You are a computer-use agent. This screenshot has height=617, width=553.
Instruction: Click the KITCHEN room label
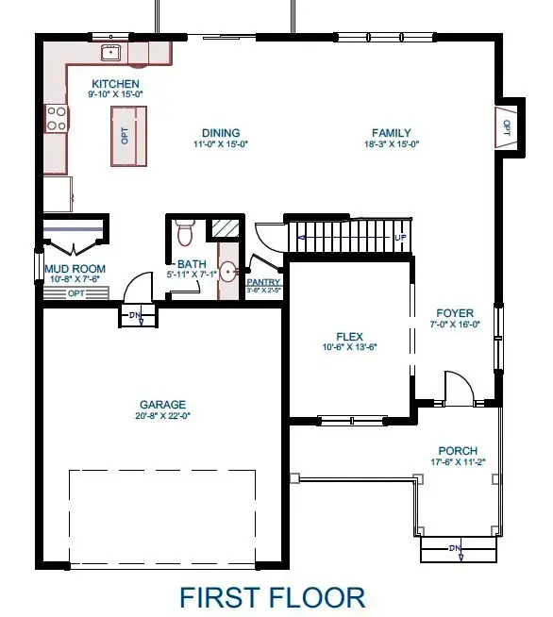tap(113, 84)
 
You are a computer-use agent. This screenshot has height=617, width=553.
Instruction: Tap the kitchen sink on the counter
tap(111, 51)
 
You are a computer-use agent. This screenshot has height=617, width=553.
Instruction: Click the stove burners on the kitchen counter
tap(56, 118)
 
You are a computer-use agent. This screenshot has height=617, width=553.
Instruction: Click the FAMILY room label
tap(391, 133)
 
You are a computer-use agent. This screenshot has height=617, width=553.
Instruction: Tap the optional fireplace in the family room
tap(504, 125)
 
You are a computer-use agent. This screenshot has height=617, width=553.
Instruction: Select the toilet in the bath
tap(184, 229)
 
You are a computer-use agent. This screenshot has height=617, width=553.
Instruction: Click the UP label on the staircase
tap(399, 237)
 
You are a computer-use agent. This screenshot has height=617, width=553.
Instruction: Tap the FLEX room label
tap(350, 336)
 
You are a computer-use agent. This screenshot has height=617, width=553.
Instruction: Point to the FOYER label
tap(455, 313)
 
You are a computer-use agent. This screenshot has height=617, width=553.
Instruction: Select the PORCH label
tap(458, 451)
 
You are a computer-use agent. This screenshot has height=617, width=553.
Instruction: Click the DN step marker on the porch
tap(455, 549)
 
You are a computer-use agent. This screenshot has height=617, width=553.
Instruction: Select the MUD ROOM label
tap(75, 269)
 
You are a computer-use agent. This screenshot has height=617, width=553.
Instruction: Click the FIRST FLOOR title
tap(272, 596)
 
